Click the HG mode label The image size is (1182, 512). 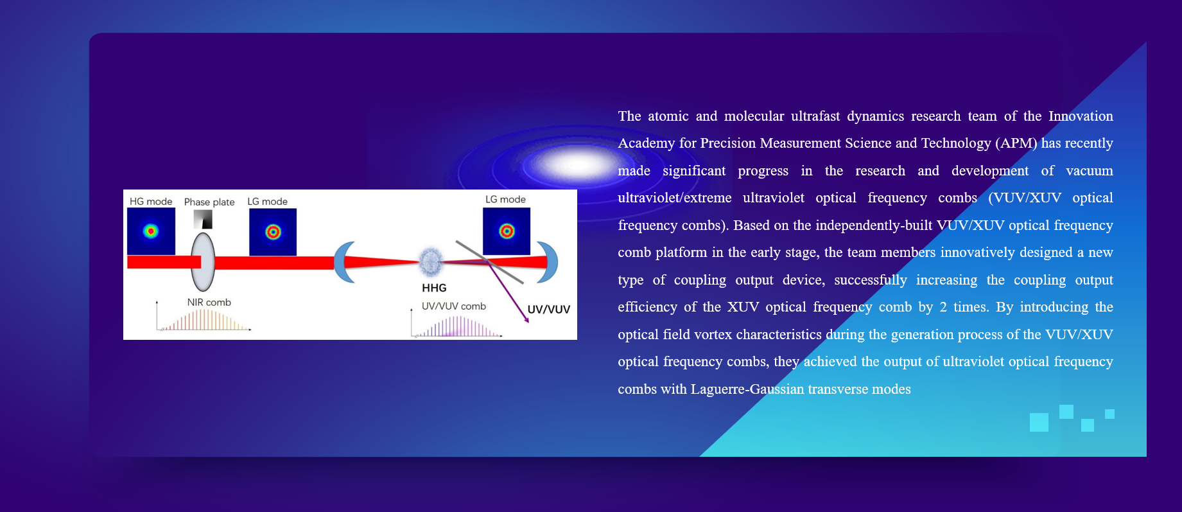pos(151,202)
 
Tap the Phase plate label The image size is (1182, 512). pos(209,202)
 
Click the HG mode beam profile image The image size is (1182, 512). pos(151,231)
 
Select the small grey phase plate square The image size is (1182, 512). pos(203,220)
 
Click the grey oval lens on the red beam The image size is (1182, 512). pos(203,262)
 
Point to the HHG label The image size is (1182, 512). pos(434,288)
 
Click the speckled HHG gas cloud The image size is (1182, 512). pos(430,261)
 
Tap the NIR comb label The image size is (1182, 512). pos(209,303)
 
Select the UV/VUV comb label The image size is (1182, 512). pos(454,306)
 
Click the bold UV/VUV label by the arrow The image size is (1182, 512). pos(549,309)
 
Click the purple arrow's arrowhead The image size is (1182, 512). pos(526,319)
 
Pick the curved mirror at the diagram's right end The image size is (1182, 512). pos(548,262)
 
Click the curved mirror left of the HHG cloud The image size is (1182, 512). pos(344,262)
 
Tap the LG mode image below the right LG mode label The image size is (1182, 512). pos(507,231)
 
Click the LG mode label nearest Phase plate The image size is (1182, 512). pos(268,202)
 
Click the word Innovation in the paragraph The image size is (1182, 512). pos(1081,116)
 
